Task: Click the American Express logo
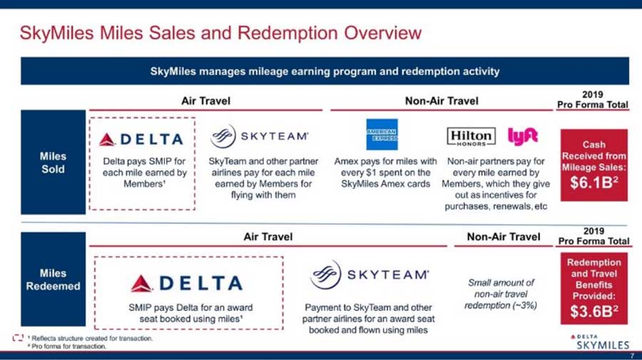click(382, 135)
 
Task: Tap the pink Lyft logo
click(523, 136)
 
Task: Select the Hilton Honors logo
click(471, 137)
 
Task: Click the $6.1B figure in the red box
click(593, 183)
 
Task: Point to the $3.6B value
click(594, 312)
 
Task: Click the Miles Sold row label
click(53, 163)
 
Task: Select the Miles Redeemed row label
click(53, 279)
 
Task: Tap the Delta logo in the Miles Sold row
click(141, 140)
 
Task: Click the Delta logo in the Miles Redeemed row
click(187, 283)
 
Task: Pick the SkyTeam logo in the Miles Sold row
click(259, 136)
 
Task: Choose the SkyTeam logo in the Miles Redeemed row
click(370, 274)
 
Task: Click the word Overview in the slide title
click(383, 33)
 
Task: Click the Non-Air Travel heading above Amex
click(442, 101)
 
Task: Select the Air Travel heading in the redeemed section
click(267, 237)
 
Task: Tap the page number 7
click(633, 356)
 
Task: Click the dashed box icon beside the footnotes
click(18, 338)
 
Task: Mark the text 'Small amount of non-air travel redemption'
click(501, 294)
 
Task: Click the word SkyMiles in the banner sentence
click(173, 71)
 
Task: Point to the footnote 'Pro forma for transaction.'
click(68, 346)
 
